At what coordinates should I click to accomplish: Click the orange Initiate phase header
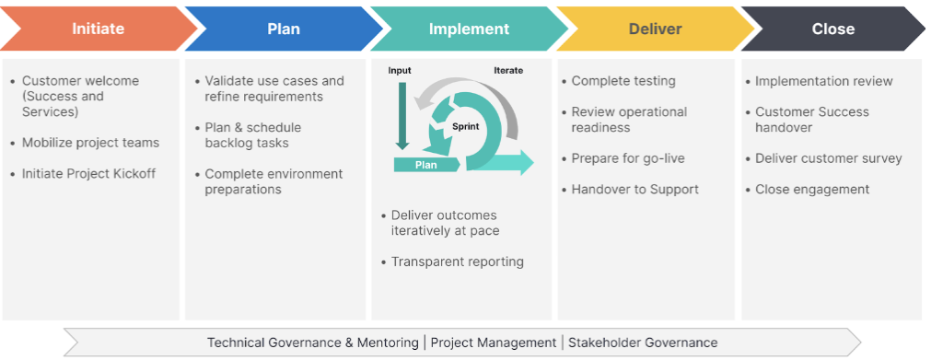pyautogui.click(x=98, y=29)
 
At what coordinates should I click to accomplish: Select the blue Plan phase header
pyautogui.click(x=284, y=29)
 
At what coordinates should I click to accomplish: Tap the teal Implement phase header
pyautogui.click(x=469, y=29)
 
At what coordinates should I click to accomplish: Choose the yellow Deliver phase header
pyautogui.click(x=655, y=29)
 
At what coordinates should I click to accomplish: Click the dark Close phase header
pyautogui.click(x=833, y=29)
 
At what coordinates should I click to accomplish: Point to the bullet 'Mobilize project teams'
pyautogui.click(x=90, y=143)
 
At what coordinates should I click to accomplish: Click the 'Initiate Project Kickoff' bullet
pyautogui.click(x=88, y=173)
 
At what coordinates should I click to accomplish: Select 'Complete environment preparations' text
pyautogui.click(x=273, y=181)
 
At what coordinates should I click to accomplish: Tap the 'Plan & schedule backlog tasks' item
pyautogui.click(x=252, y=135)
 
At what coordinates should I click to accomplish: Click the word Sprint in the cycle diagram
pyautogui.click(x=465, y=126)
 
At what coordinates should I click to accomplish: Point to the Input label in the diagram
pyautogui.click(x=400, y=70)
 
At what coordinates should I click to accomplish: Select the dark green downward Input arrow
pyautogui.click(x=401, y=115)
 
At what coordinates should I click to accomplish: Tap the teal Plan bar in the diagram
pyautogui.click(x=425, y=165)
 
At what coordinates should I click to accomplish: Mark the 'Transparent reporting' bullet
pyautogui.click(x=457, y=261)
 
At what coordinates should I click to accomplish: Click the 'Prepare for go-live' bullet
pyautogui.click(x=627, y=158)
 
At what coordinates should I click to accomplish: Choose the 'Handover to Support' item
pyautogui.click(x=634, y=189)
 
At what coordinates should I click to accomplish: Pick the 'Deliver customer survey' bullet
pyautogui.click(x=828, y=158)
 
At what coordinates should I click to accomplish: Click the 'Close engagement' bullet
pyautogui.click(x=811, y=189)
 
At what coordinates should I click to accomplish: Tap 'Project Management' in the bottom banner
pyautogui.click(x=493, y=343)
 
